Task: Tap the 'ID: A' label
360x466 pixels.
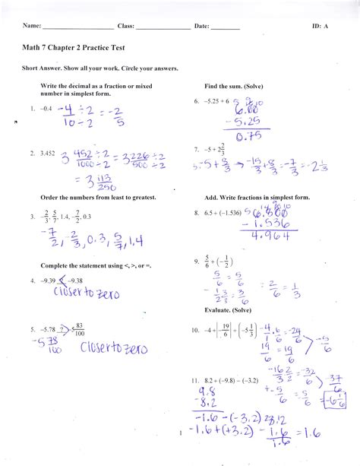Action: click(320, 26)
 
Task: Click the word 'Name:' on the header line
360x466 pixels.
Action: click(31, 26)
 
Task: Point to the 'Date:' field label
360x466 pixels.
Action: click(201, 26)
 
